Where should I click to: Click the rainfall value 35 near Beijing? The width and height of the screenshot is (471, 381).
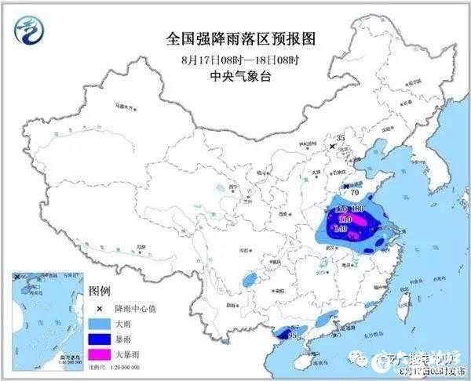point(341,137)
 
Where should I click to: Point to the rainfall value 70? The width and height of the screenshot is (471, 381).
point(354,191)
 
